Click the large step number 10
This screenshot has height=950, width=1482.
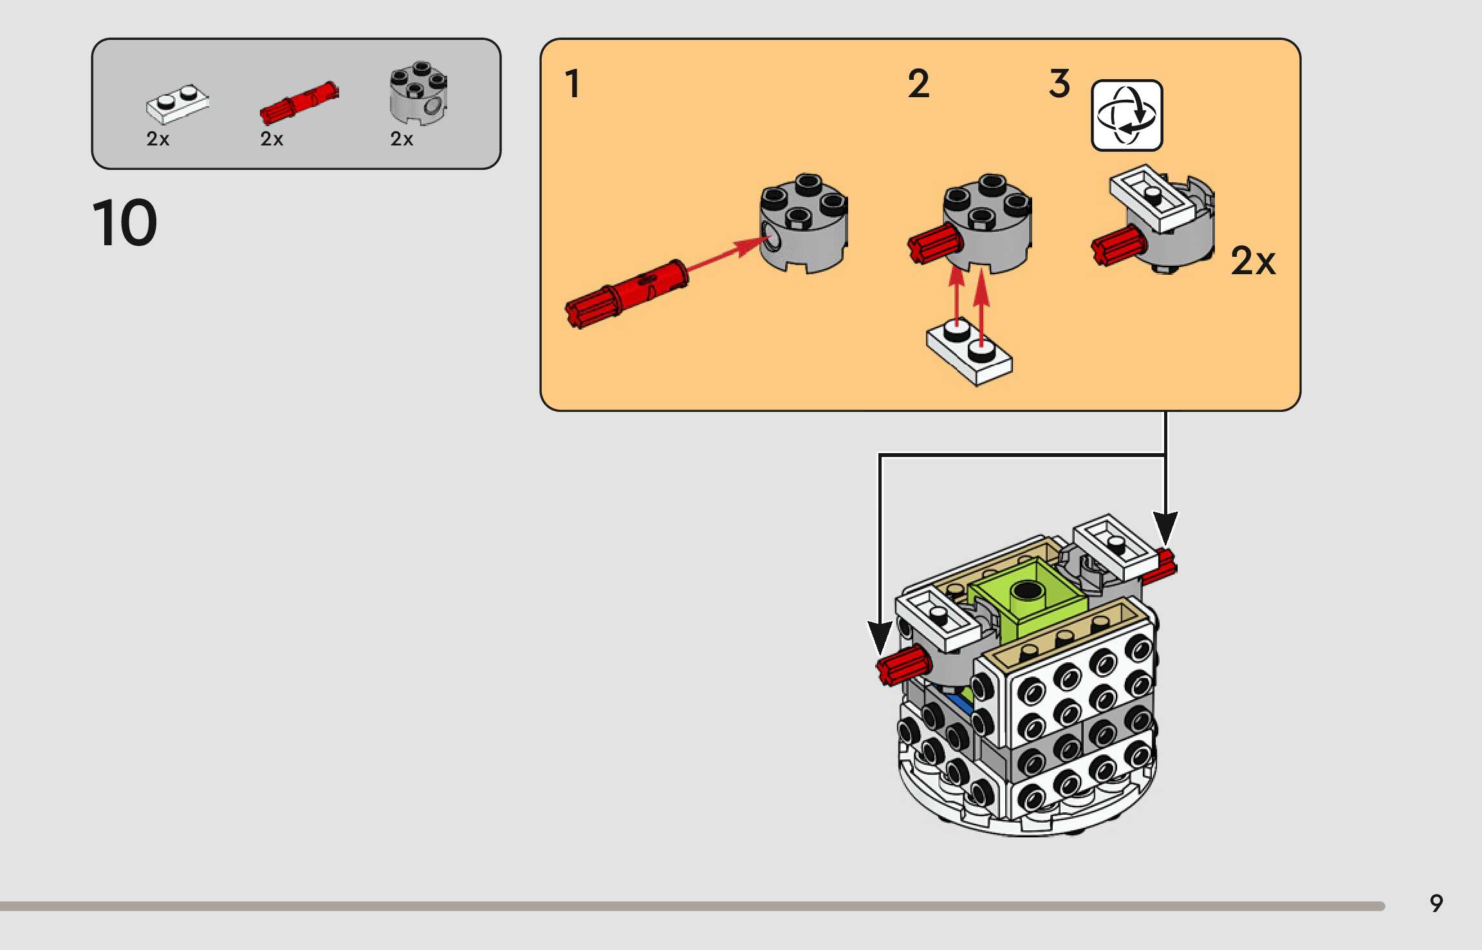(x=125, y=223)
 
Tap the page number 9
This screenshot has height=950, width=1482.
(x=1436, y=904)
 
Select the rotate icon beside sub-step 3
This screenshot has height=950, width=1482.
(x=1127, y=116)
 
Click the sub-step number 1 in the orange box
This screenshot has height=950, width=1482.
(x=572, y=84)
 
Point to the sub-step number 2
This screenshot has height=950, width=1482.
(x=918, y=84)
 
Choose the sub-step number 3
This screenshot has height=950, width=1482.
(x=1060, y=84)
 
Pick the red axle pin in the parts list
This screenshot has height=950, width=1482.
(x=299, y=102)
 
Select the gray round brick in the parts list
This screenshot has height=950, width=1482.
(x=418, y=93)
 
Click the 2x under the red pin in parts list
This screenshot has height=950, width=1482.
(x=272, y=138)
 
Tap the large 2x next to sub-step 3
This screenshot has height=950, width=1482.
(x=1252, y=261)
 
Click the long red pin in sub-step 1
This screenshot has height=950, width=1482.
(x=627, y=293)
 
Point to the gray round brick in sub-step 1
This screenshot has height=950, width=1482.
(x=804, y=223)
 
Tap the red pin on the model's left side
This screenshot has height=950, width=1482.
(x=903, y=666)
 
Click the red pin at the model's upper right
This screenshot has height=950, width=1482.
(x=1160, y=566)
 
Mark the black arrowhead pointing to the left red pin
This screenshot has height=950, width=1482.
(x=880, y=638)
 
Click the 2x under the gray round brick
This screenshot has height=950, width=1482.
(x=402, y=138)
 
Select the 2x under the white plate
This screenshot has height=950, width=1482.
(x=158, y=138)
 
